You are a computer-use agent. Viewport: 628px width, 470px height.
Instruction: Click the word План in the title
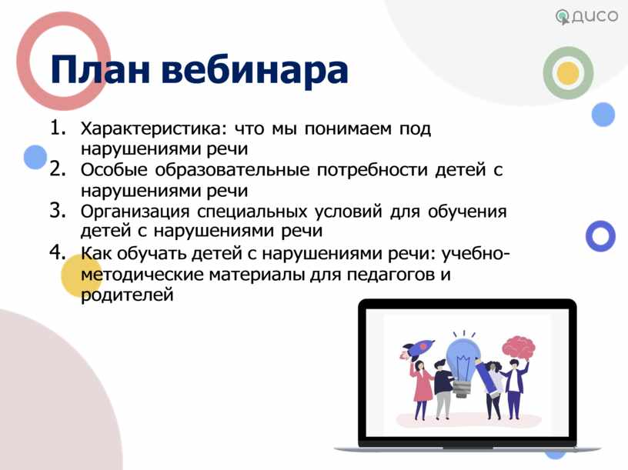click(100, 70)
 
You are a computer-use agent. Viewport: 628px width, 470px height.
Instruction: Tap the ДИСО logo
click(586, 16)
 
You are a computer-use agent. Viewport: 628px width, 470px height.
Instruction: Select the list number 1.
click(57, 128)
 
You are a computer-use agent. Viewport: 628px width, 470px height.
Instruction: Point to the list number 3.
click(57, 211)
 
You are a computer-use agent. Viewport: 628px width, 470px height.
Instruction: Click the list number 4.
click(57, 252)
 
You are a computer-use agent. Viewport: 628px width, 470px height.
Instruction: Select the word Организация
click(135, 212)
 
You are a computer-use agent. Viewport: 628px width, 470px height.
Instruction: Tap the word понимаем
click(348, 129)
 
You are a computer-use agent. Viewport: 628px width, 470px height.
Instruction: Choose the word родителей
click(127, 295)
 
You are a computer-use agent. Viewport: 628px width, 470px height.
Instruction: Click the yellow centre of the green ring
click(568, 73)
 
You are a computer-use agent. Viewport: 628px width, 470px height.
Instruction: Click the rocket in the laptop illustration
click(417, 350)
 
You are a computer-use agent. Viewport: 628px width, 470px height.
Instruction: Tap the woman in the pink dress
click(421, 388)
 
